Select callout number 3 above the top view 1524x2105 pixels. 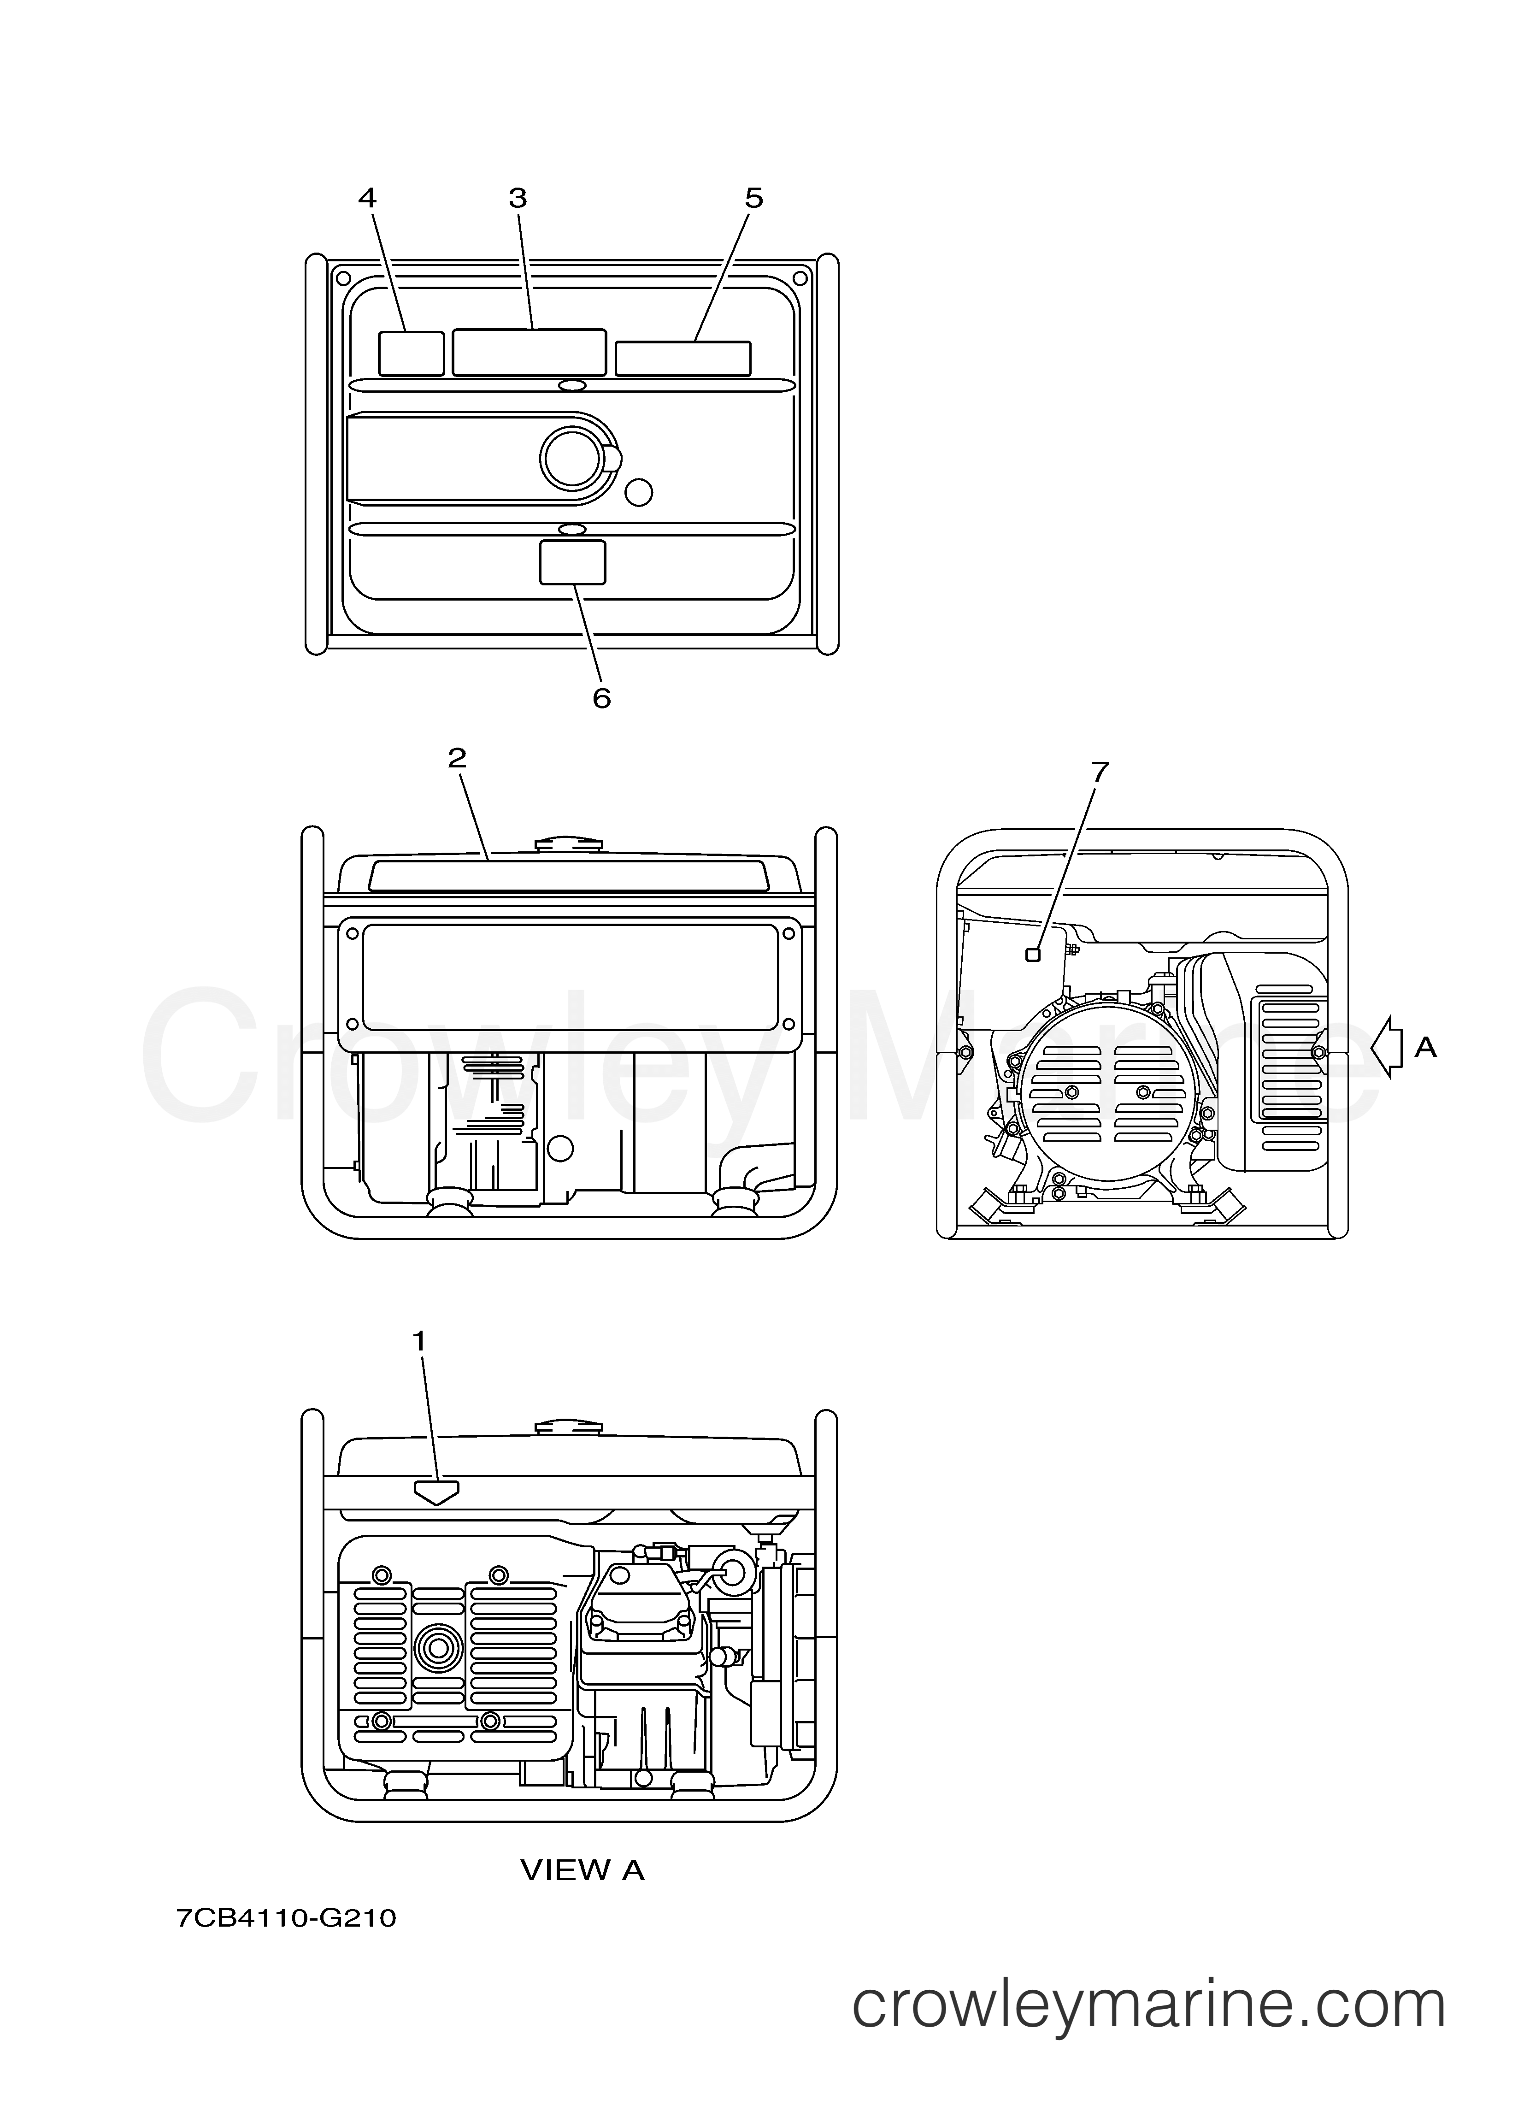pyautogui.click(x=518, y=198)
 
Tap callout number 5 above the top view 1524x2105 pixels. pyautogui.click(x=753, y=198)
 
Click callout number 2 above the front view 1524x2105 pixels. pyautogui.click(x=457, y=758)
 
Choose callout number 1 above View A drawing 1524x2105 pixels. pyautogui.click(x=419, y=1340)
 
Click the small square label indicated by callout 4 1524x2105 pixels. pyautogui.click(x=411, y=354)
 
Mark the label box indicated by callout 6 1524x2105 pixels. pyautogui.click(x=573, y=562)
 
